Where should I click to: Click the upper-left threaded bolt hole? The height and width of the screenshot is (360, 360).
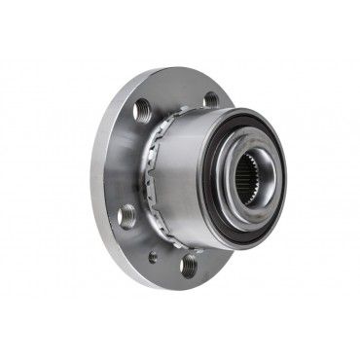pos(142,109)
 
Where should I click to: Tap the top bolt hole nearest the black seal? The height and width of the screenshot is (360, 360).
pos(211,98)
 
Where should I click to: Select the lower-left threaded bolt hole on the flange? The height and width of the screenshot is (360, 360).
pos(126,216)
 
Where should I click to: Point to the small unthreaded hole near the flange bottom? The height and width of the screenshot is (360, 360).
pos(153,258)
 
